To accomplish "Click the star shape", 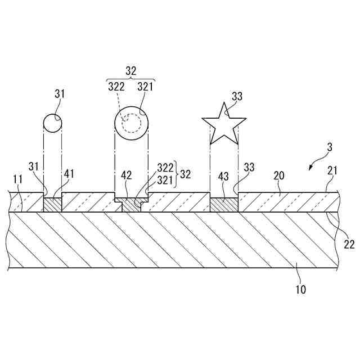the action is point(224,124).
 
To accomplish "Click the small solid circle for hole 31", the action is point(52,123).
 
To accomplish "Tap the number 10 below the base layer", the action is point(301,290).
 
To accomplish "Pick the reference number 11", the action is point(17,179).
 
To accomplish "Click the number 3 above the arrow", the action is point(330,148).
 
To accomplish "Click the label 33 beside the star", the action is point(237,96).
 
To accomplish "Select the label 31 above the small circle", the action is point(60,94).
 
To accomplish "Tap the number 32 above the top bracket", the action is point(130,71).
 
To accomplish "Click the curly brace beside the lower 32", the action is point(176,174).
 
